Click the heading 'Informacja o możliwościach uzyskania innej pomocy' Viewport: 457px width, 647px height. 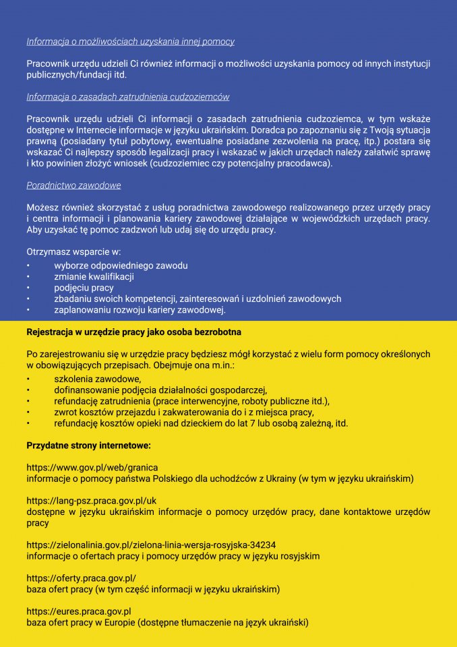(130, 42)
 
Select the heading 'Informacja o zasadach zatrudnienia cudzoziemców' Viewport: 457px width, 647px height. (128, 97)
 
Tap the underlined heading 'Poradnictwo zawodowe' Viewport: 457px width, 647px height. (73, 185)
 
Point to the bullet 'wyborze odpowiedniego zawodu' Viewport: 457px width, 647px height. (121, 266)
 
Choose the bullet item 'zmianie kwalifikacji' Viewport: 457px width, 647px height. (94, 277)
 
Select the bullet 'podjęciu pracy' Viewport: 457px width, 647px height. (84, 288)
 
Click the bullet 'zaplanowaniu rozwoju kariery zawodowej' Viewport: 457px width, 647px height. (140, 310)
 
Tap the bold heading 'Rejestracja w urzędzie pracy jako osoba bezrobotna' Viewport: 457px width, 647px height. (133, 332)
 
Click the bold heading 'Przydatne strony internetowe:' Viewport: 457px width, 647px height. (88, 445)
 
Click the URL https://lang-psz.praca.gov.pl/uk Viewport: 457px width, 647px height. (91, 501)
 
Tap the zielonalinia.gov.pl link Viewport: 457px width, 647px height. (151, 545)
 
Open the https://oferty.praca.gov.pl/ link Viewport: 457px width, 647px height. (81, 578)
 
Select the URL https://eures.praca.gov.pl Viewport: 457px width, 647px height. (78, 611)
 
